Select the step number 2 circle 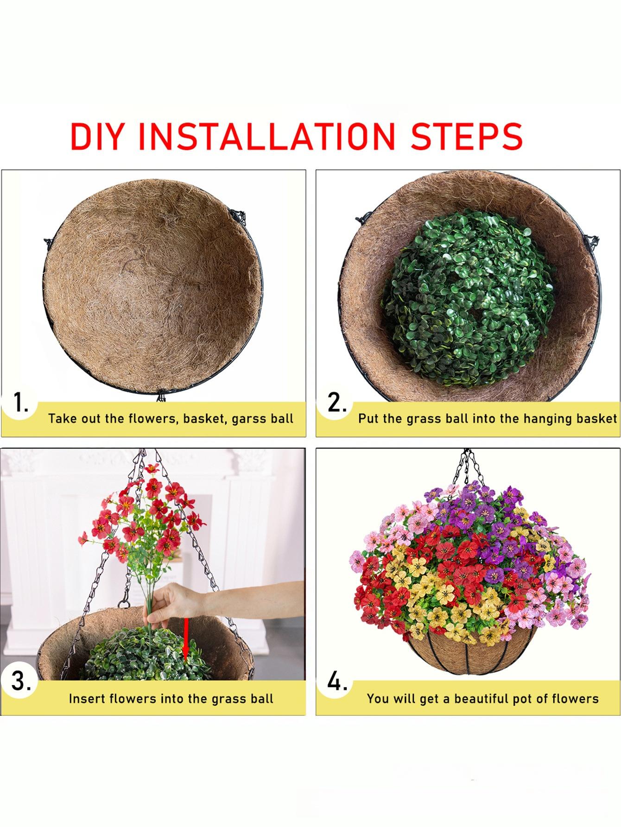click(x=337, y=403)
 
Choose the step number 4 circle click(x=337, y=681)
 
